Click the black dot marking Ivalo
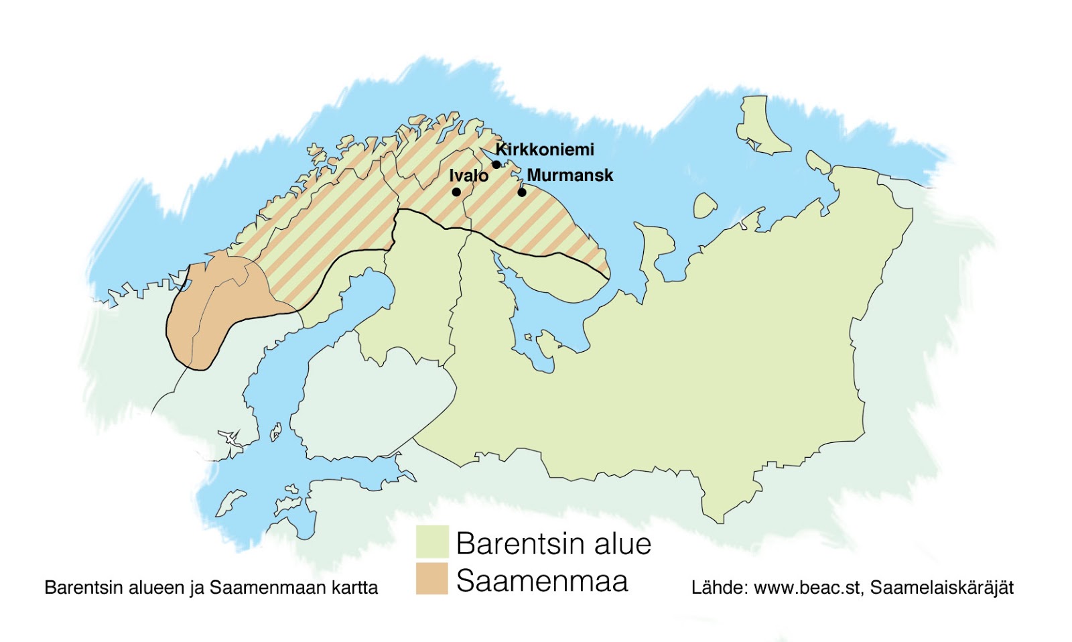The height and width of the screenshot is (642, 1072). pyautogui.click(x=456, y=192)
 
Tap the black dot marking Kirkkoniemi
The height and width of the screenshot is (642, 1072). pyautogui.click(x=496, y=165)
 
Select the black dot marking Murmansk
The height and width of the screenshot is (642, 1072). pyautogui.click(x=522, y=192)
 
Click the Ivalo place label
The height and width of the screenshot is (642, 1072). pyautogui.click(x=468, y=176)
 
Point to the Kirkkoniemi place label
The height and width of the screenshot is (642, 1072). pyautogui.click(x=545, y=149)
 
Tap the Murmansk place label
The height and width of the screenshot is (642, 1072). pyautogui.click(x=570, y=176)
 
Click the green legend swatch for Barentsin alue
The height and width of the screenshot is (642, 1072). pyautogui.click(x=432, y=542)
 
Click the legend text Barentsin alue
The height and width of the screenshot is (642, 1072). pyautogui.click(x=553, y=543)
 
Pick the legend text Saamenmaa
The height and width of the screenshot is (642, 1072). pyautogui.click(x=542, y=581)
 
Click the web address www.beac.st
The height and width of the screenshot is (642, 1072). pyautogui.click(x=807, y=588)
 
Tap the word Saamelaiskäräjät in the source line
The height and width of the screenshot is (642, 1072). pyautogui.click(x=941, y=588)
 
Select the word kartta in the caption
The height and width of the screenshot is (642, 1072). pyautogui.click(x=354, y=588)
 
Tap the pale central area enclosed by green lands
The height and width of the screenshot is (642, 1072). pyautogui.click(x=372, y=402)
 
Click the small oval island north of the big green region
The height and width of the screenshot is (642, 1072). pyautogui.click(x=704, y=206)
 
